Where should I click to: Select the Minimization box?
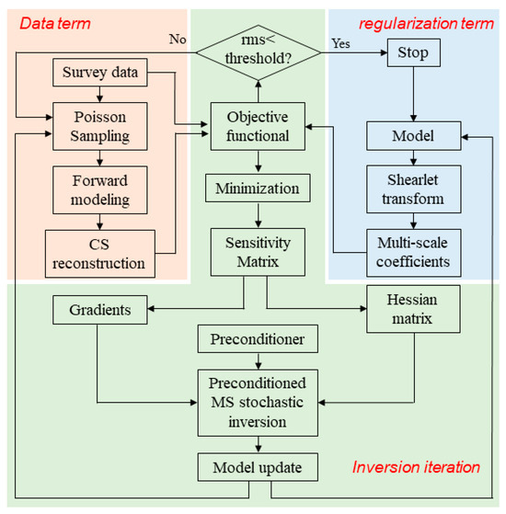[257, 189]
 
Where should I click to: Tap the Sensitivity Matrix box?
[257, 250]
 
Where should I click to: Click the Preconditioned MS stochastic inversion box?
[257, 401]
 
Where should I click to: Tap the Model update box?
[257, 467]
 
